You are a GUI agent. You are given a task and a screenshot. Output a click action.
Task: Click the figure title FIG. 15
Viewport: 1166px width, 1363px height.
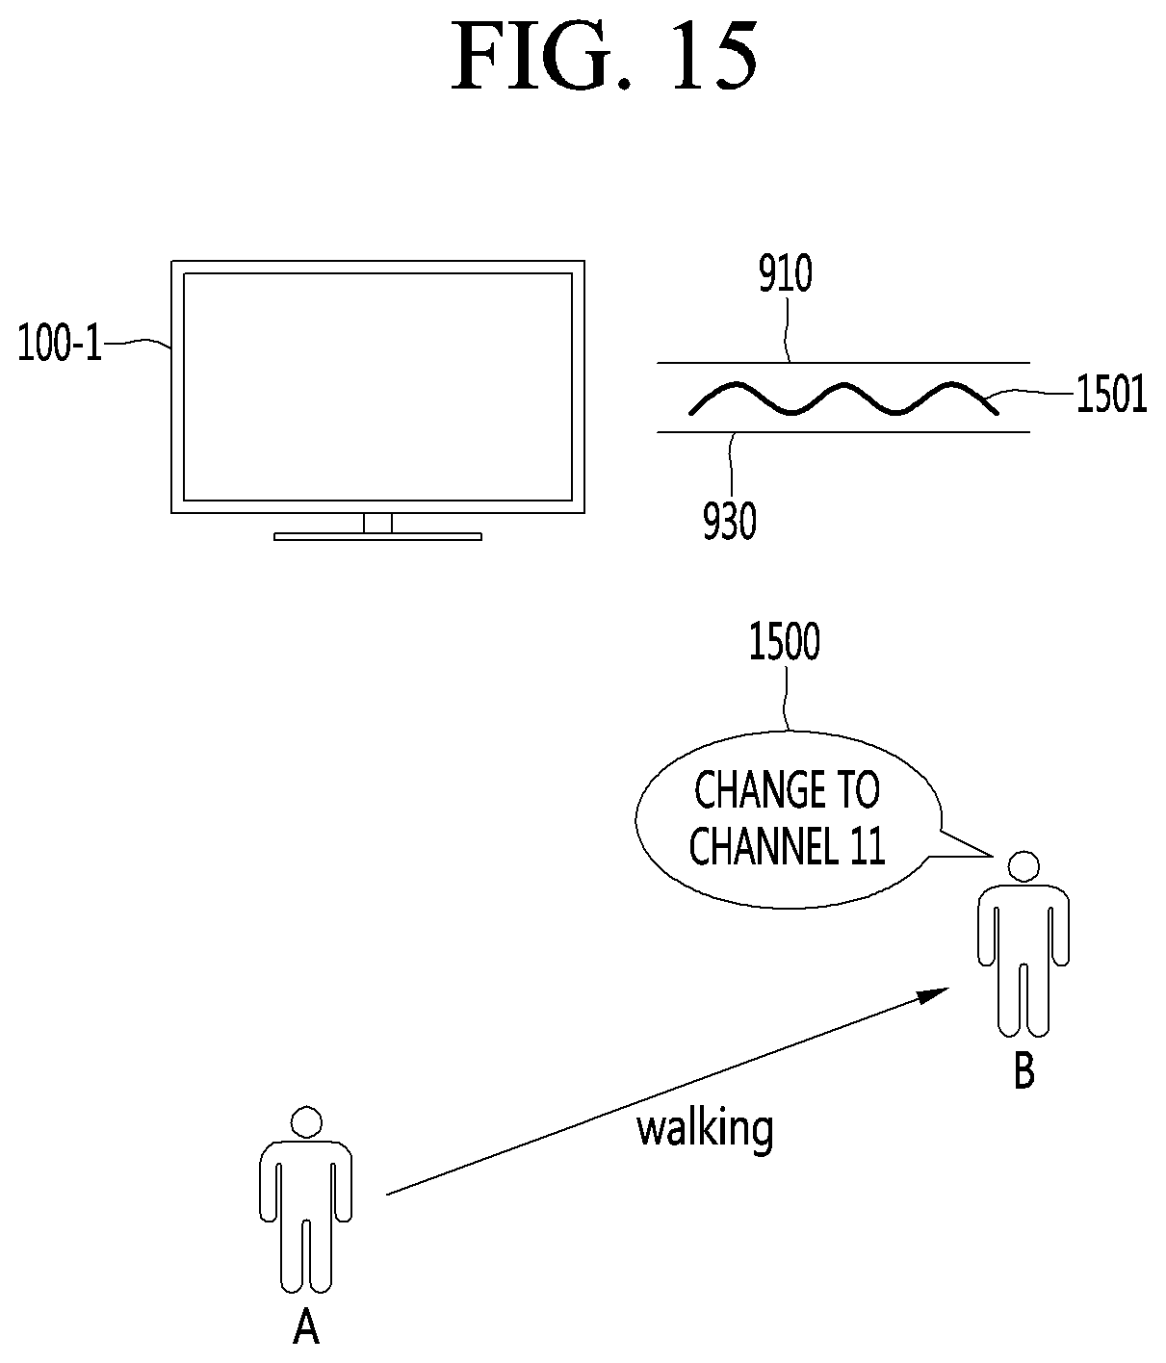(604, 56)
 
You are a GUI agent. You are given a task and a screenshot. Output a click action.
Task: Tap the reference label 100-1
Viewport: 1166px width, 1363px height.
(60, 344)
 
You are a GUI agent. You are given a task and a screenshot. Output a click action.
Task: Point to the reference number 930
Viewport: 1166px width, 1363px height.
(729, 521)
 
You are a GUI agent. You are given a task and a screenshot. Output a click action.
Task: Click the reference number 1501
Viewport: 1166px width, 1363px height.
(1111, 395)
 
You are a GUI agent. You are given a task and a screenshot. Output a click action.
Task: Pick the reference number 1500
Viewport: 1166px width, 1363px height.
(785, 642)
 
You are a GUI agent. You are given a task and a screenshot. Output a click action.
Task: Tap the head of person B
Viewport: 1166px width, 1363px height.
(1023, 866)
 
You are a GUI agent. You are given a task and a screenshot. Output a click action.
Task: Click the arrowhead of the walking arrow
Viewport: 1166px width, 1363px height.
(934, 994)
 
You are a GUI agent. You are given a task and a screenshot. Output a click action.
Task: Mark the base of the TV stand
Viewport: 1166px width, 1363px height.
(377, 537)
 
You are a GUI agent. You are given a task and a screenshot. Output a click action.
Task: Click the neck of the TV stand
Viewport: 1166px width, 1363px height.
(377, 523)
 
